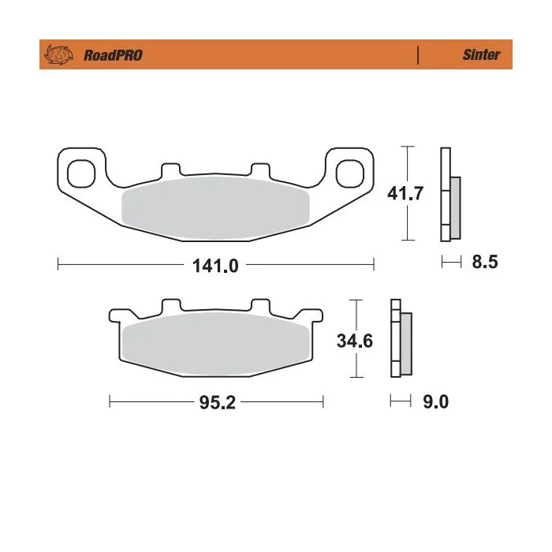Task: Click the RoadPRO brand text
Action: pyautogui.click(x=113, y=55)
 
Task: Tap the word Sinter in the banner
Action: pyautogui.click(x=481, y=54)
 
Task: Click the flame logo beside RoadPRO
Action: pyautogui.click(x=58, y=54)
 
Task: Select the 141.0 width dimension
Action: pyautogui.click(x=215, y=266)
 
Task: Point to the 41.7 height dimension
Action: pyautogui.click(x=405, y=193)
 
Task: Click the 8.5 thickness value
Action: pyautogui.click(x=485, y=262)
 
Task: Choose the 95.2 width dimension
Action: pyautogui.click(x=217, y=402)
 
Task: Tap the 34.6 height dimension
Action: pyautogui.click(x=355, y=341)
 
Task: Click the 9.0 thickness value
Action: pyautogui.click(x=435, y=401)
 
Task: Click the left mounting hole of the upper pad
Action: pyautogui.click(x=81, y=173)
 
